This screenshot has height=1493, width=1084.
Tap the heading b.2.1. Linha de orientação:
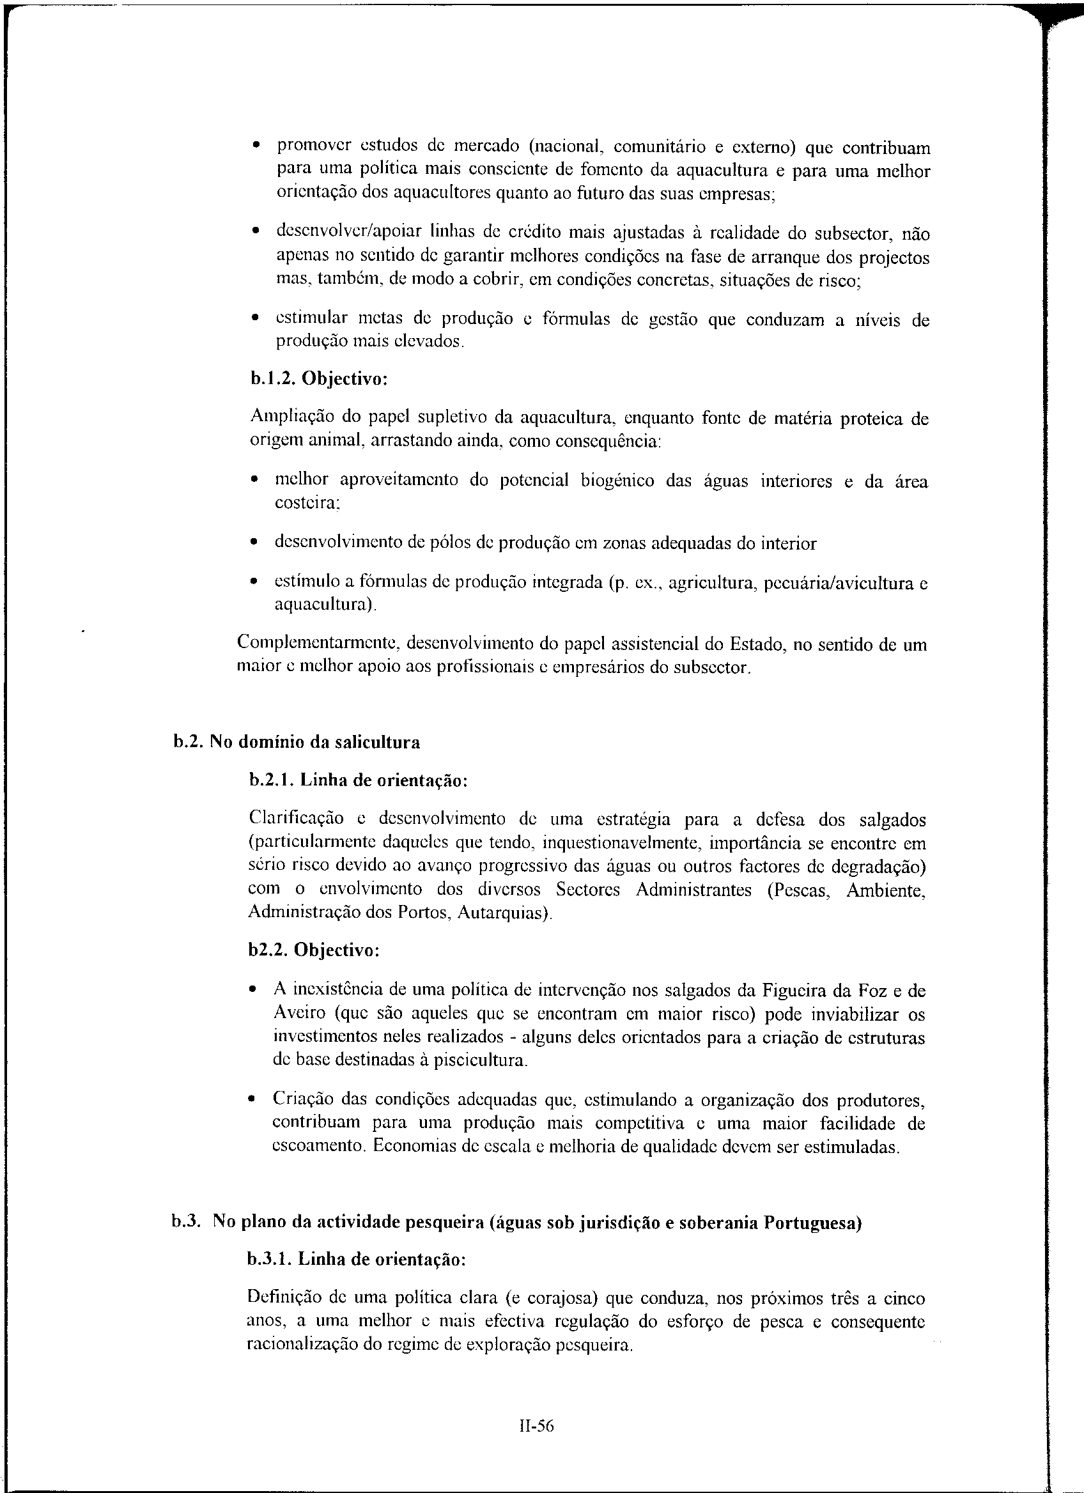tap(359, 781)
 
